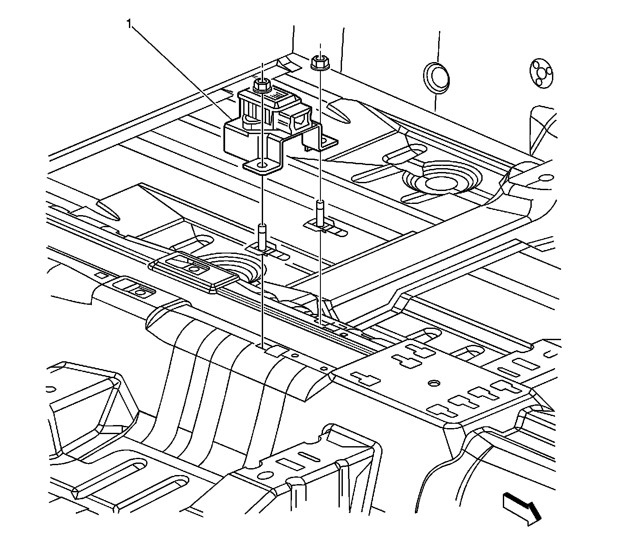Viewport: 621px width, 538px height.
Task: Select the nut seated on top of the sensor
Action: tap(260, 85)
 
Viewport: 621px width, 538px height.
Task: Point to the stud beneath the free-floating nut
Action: tap(320, 212)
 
